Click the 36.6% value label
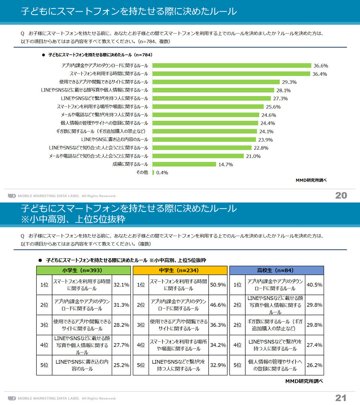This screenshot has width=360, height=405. [321, 66]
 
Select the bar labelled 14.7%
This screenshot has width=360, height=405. [184, 164]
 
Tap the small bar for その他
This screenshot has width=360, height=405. [153, 172]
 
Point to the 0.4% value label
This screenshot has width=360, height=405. [162, 172]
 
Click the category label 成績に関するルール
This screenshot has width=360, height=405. [130, 164]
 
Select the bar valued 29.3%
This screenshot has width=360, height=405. [216, 82]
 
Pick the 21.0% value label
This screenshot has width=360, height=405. [253, 156]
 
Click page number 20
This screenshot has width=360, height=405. [341, 195]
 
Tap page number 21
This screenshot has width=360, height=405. [341, 398]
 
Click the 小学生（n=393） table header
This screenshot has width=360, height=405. [83, 270]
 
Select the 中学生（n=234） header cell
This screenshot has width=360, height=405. [180, 270]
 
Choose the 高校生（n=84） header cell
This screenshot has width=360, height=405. [277, 270]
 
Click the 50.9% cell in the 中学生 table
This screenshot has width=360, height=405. [218, 285]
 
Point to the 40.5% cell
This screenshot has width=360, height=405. [314, 285]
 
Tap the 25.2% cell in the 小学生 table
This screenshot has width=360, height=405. [121, 365]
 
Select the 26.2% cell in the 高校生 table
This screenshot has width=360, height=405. [314, 365]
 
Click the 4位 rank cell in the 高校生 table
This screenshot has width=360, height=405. [237, 345]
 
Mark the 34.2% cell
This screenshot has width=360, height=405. [218, 345]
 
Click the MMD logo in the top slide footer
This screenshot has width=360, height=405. [12, 196]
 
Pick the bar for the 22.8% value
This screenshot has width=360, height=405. [202, 148]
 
